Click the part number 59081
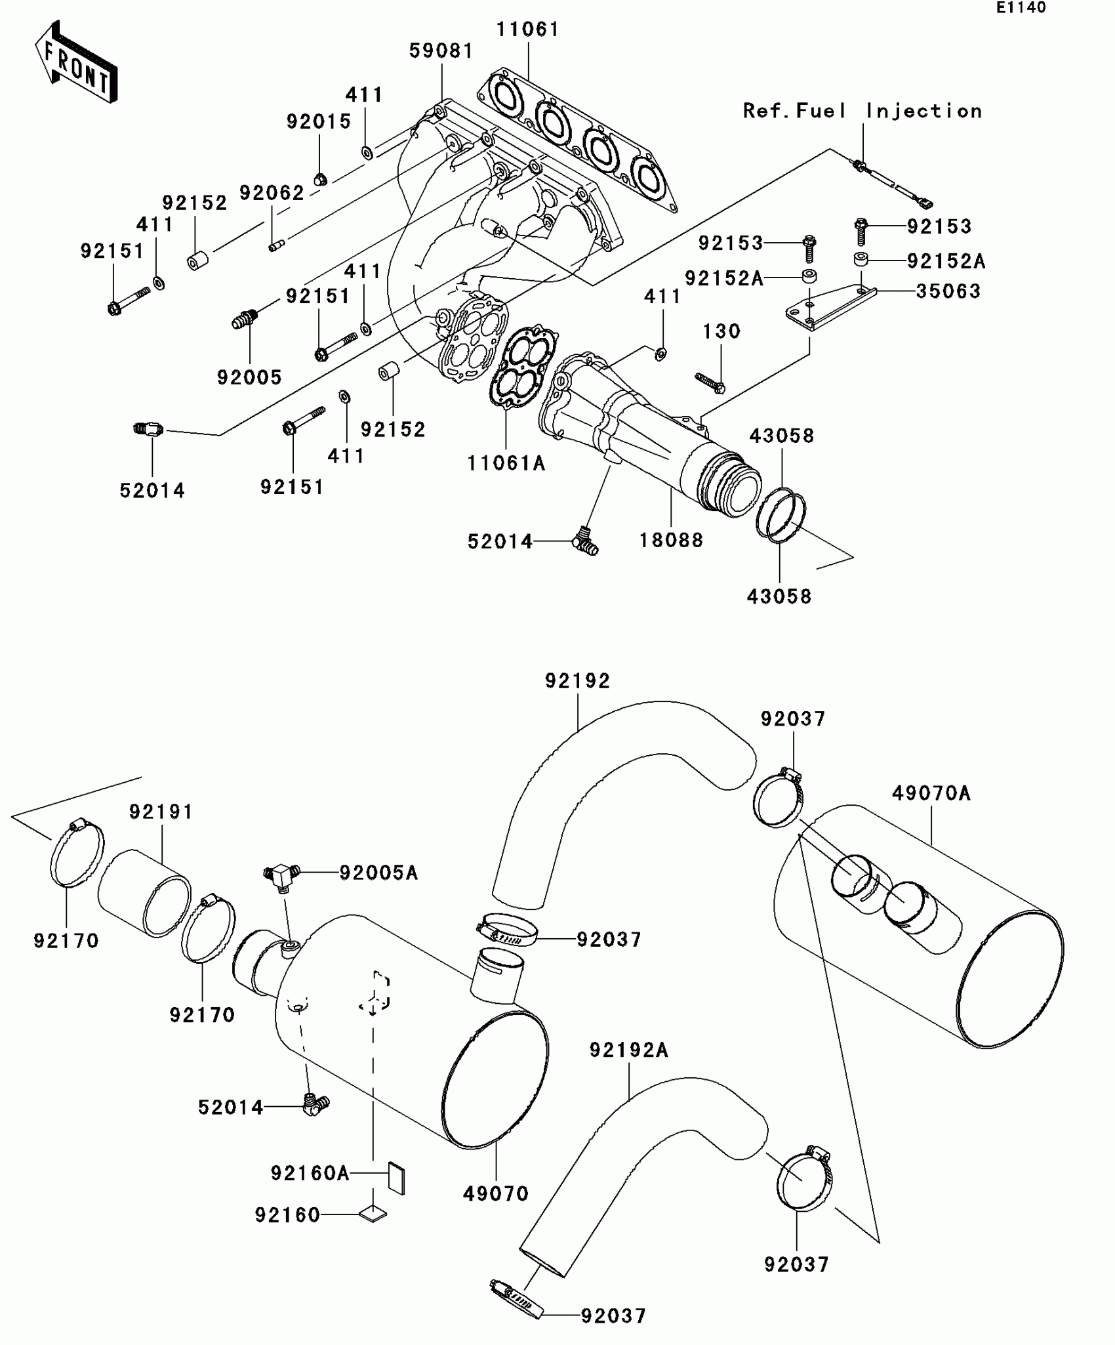(x=441, y=51)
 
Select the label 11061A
(x=506, y=463)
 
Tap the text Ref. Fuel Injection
(x=862, y=111)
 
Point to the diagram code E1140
(x=1021, y=8)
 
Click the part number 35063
(x=948, y=291)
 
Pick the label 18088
(x=671, y=541)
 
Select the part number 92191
(x=161, y=812)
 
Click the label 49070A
(x=931, y=793)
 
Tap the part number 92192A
(x=628, y=1050)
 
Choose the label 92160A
(x=310, y=1173)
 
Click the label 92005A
(x=378, y=873)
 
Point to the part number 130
(x=721, y=331)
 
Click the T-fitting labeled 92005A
(x=281, y=875)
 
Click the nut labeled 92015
(x=320, y=178)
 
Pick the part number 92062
(x=272, y=193)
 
